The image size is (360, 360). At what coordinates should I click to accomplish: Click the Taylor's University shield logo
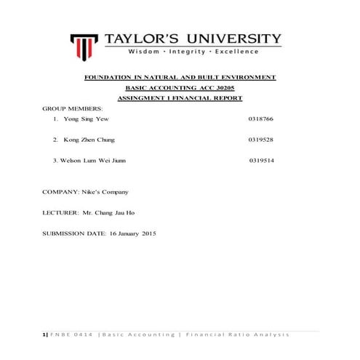click(x=85, y=44)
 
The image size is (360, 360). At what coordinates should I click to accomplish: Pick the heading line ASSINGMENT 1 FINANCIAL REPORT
click(x=180, y=97)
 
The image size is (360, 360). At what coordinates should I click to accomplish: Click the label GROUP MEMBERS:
click(x=72, y=108)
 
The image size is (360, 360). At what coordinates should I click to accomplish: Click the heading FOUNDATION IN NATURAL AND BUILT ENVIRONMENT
click(x=180, y=77)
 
